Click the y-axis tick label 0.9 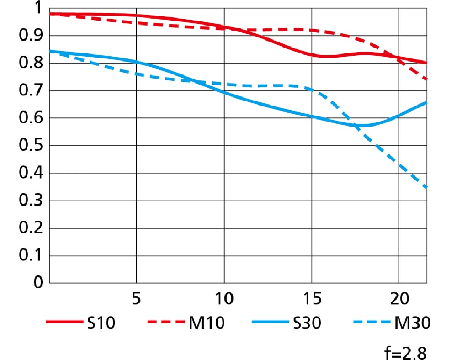[x=29, y=36]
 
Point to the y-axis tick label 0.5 [x=29, y=146]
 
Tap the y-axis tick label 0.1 [x=29, y=256]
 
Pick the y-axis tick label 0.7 [x=29, y=91]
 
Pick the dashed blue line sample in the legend [x=372, y=323]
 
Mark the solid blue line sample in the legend [x=271, y=323]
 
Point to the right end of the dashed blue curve [x=426, y=187]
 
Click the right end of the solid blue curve [x=426, y=102]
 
